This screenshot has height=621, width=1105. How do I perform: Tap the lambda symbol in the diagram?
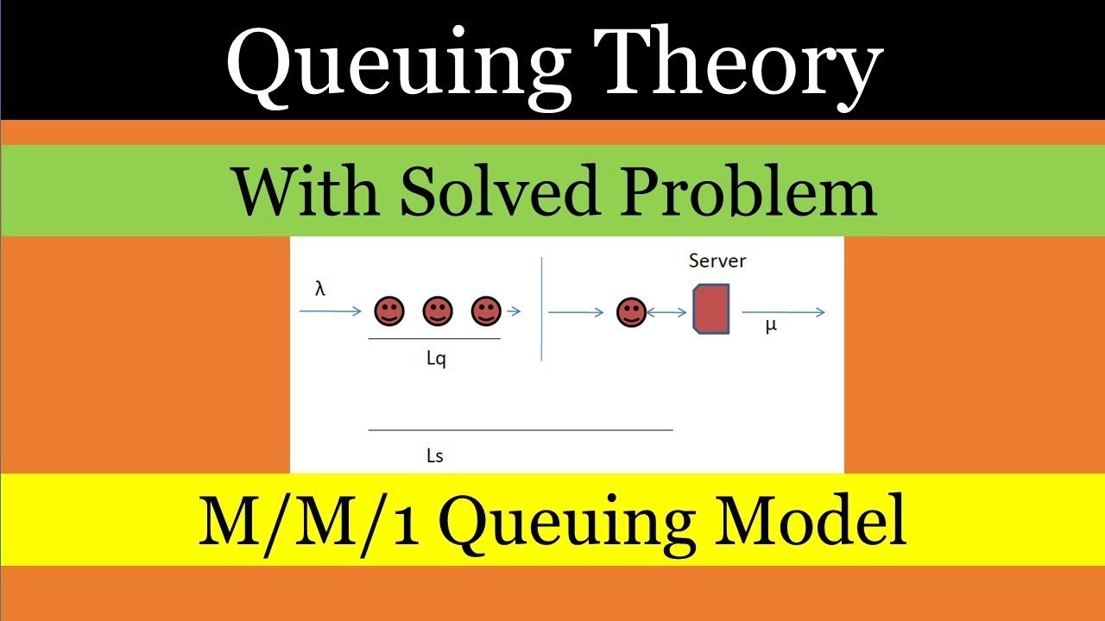point(320,290)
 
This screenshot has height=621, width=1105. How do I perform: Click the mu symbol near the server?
point(771,326)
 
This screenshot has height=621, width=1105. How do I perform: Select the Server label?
point(717,260)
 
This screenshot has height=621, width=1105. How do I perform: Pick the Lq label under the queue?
point(436,360)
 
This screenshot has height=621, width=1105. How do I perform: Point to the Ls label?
point(435,455)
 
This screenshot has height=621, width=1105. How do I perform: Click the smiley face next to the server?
point(632,312)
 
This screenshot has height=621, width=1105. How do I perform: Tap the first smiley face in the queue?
point(389,311)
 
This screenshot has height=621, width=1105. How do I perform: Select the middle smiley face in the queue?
point(438,311)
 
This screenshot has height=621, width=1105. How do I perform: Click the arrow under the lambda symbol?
point(331,311)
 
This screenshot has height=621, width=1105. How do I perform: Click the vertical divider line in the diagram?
point(541,308)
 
